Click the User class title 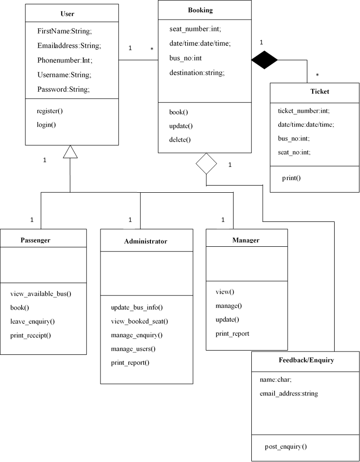pyautogui.click(x=67, y=13)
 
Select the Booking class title pyautogui.click(x=200, y=10)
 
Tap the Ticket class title pyautogui.click(x=319, y=91)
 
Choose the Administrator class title pyautogui.click(x=146, y=241)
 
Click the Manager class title pyautogui.click(x=246, y=240)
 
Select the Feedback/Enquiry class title pyautogui.click(x=306, y=360)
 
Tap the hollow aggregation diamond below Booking pyautogui.click(x=206, y=164)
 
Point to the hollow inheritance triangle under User pyautogui.click(x=70, y=152)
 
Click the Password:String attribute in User pyautogui.click(x=64, y=89)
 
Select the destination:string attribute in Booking pyautogui.click(x=197, y=73)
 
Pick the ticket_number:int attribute pyautogui.click(x=304, y=110)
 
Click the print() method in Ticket pyautogui.click(x=291, y=178)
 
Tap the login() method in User pyautogui.click(x=46, y=125)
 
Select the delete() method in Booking pyautogui.click(x=180, y=140)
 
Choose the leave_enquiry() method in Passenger pyautogui.click(x=33, y=321)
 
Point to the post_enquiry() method pyautogui.click(x=286, y=446)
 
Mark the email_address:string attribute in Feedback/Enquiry pyautogui.click(x=289, y=394)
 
